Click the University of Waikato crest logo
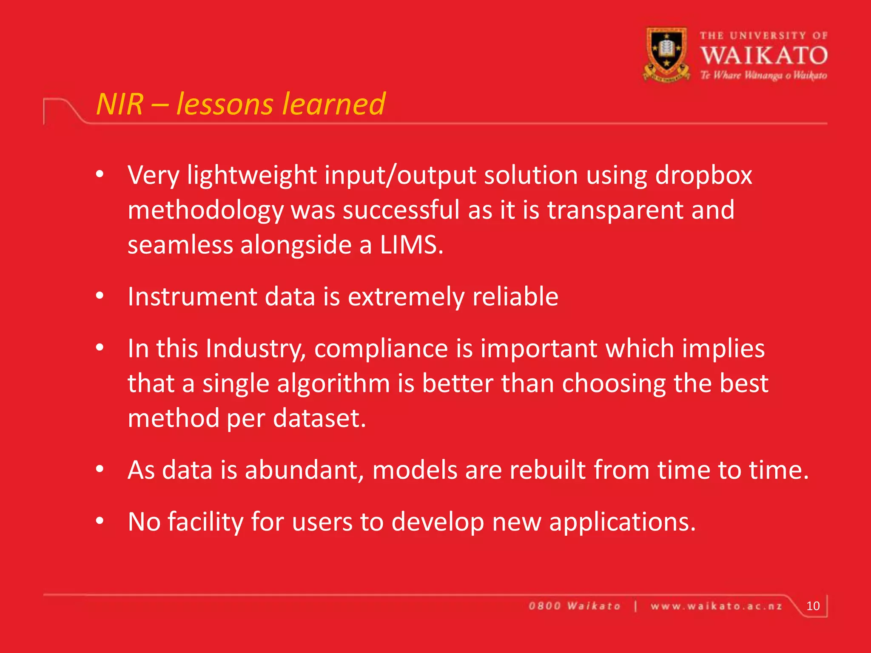(666, 54)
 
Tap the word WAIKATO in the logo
(764, 56)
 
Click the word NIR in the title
(120, 104)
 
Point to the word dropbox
(703, 175)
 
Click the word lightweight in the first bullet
(252, 175)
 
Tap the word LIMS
(411, 245)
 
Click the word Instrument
(192, 296)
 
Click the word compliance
(381, 349)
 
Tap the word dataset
(319, 418)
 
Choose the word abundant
(304, 470)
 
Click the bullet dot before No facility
(100, 521)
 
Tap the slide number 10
(813, 606)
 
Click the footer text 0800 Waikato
(574, 606)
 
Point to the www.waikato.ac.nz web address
(716, 606)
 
